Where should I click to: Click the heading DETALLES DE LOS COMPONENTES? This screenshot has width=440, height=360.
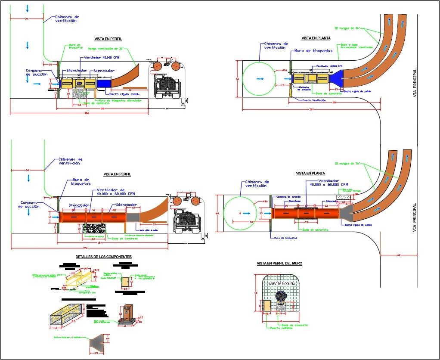pos(103,257)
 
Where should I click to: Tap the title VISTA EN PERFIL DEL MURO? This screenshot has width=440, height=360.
pos(279,263)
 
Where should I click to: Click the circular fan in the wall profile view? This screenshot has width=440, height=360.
pos(282,297)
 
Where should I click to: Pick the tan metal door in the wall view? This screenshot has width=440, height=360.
pos(267,306)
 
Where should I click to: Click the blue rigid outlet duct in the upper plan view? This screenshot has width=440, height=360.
pos(337,79)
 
